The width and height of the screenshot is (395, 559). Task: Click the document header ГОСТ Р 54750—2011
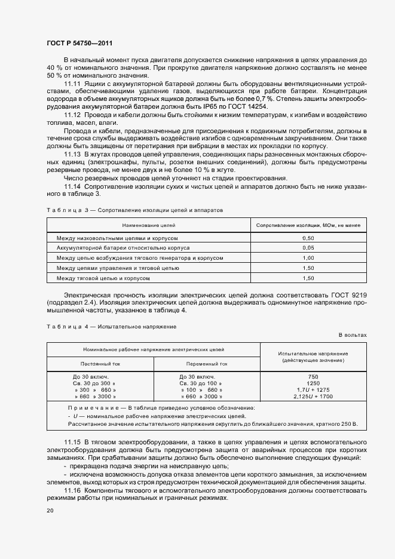coord(79,44)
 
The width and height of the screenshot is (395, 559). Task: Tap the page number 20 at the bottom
coord(50,511)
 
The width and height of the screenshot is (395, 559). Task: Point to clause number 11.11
coord(73,83)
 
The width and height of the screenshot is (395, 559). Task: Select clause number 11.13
coord(73,153)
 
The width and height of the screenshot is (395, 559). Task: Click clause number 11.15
coord(73,441)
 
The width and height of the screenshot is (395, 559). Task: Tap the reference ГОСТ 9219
coord(348,296)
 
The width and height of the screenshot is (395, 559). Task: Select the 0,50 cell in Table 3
coord(308,238)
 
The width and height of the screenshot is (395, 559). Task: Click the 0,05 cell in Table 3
coord(308,248)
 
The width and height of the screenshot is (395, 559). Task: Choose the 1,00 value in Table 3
coord(308,258)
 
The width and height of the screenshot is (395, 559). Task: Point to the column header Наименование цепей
coord(148,225)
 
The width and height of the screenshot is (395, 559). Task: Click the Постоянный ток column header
coord(100,363)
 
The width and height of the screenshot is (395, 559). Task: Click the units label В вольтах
coord(353,335)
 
